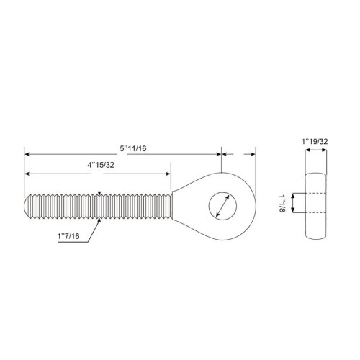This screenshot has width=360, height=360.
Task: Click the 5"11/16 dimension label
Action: coord(133,148)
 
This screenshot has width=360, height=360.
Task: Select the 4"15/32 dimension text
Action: coord(101,165)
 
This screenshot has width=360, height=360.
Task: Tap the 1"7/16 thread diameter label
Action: coord(68,236)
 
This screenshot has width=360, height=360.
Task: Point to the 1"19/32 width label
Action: coord(315,142)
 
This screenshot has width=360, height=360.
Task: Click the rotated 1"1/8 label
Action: coord(282,203)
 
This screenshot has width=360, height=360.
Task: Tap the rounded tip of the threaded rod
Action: coord(27,206)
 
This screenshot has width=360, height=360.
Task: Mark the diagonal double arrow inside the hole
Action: coord(222,206)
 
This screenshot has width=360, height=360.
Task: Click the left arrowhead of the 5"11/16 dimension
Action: coord(27,154)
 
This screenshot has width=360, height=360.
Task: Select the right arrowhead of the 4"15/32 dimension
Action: coord(168,174)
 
